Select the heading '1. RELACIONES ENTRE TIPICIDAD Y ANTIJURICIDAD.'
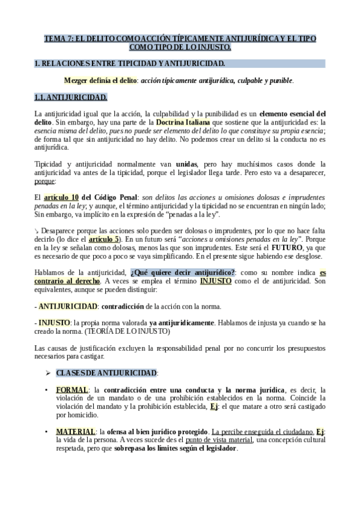(130, 63)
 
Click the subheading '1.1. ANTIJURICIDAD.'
(71, 97)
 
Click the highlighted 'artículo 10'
(61, 197)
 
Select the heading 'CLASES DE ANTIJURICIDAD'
(107, 373)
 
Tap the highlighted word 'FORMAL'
(72, 390)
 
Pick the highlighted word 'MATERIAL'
(76, 432)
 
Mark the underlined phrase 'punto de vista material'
(219, 440)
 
